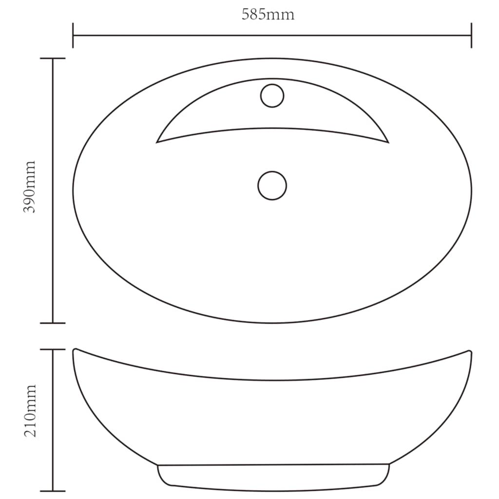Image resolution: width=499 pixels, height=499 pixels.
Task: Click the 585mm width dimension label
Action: (268, 14)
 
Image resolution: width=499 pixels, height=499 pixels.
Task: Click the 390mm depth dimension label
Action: (30, 187)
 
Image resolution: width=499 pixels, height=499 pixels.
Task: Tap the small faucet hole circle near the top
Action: (272, 96)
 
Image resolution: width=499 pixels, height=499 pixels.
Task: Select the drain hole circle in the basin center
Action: (272, 185)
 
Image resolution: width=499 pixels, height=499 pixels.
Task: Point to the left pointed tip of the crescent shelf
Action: (157, 142)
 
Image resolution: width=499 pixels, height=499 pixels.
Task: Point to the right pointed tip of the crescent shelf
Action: (388, 142)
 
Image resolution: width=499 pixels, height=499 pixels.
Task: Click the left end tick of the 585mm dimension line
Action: (73, 35)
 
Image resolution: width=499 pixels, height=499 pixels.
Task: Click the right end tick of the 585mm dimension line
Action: (471, 35)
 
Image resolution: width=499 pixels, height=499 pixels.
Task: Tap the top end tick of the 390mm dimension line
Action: (53, 58)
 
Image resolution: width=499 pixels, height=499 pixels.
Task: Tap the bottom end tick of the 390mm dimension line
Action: (53, 323)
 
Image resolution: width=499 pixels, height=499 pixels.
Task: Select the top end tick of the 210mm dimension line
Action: (53, 349)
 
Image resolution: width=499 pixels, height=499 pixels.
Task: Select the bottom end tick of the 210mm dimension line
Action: (53, 490)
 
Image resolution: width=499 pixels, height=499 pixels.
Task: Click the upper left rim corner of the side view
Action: (75, 350)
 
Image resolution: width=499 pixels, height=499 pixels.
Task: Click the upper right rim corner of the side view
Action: (470, 351)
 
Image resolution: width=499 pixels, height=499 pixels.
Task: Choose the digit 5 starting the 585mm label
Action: (246, 14)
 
